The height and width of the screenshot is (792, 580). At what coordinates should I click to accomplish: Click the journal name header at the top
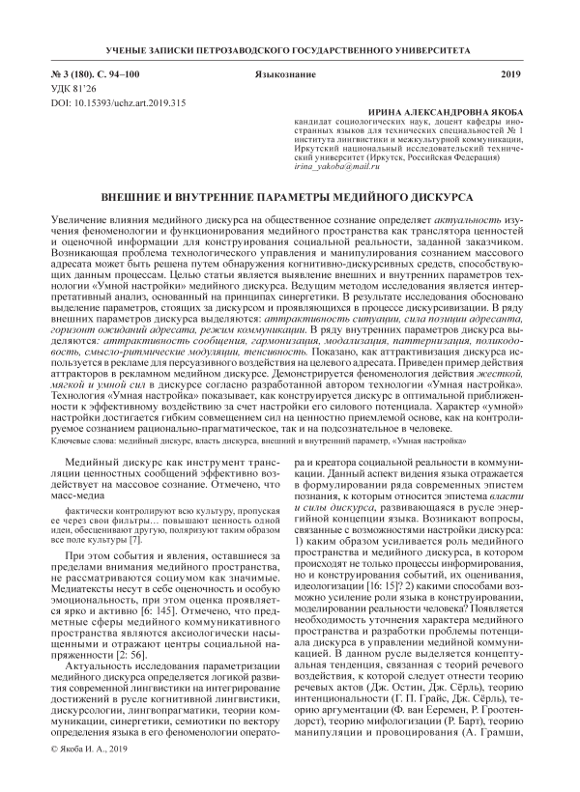click(x=290, y=48)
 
